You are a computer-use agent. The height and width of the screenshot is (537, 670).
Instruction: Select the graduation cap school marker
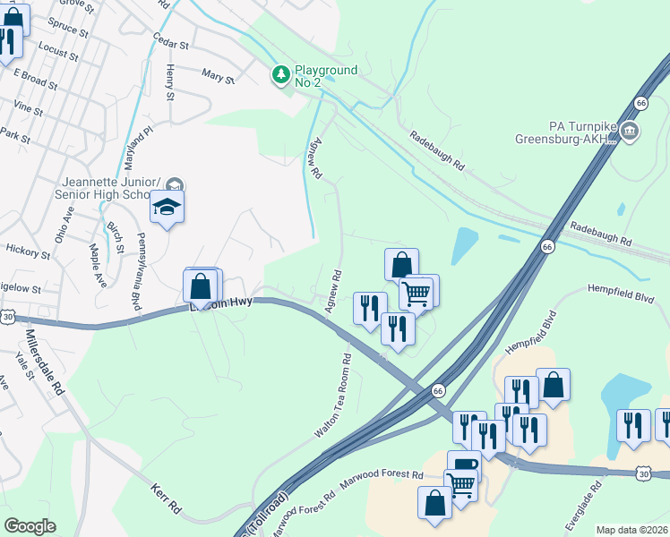click(167, 208)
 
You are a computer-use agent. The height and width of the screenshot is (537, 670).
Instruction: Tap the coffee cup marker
click(464, 466)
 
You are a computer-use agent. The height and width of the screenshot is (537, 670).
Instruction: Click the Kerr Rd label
click(167, 502)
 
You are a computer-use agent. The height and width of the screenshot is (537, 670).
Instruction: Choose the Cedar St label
click(171, 42)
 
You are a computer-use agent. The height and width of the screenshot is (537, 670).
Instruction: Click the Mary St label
click(217, 77)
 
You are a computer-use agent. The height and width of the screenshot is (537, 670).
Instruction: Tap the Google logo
click(29, 526)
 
